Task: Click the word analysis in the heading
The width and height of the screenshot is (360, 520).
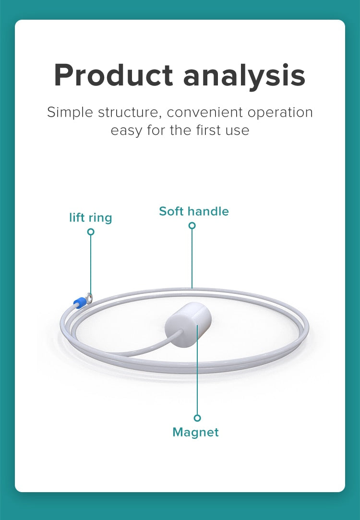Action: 244,75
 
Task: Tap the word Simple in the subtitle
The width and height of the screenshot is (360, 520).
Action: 70,112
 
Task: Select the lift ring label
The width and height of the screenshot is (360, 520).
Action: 90,218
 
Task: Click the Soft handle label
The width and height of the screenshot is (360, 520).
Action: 194,211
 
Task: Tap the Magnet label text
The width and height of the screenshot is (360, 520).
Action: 195,432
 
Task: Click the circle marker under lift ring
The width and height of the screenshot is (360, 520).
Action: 91,231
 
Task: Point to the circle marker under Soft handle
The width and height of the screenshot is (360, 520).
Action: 192,225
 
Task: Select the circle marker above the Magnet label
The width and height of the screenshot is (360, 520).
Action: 197,418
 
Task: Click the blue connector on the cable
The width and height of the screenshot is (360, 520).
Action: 79,302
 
